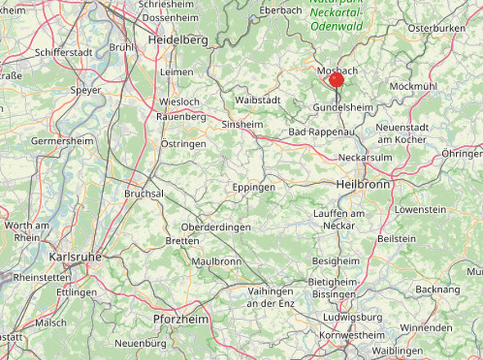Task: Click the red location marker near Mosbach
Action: click(x=336, y=79)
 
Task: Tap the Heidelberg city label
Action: click(x=177, y=39)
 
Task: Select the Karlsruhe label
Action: click(x=75, y=256)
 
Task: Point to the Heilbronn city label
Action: click(x=362, y=186)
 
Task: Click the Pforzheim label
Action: click(x=181, y=318)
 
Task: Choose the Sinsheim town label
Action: click(x=241, y=124)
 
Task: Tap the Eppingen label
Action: click(x=253, y=187)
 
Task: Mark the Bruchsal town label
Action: click(x=144, y=193)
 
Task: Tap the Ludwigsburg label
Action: click(x=354, y=317)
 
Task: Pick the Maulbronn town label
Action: click(x=216, y=262)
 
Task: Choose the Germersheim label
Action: click(x=62, y=141)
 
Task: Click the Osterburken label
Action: click(x=436, y=28)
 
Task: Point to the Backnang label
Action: click(x=438, y=289)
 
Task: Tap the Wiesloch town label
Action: click(x=178, y=101)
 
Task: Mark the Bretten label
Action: click(x=182, y=241)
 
